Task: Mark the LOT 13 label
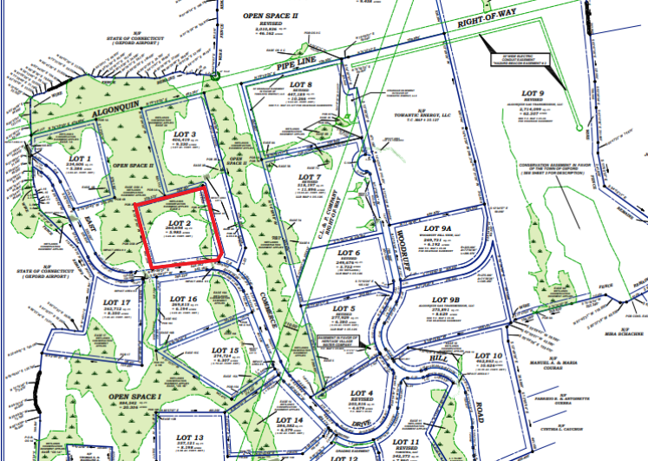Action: [189, 437]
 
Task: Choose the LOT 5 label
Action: [344, 309]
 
